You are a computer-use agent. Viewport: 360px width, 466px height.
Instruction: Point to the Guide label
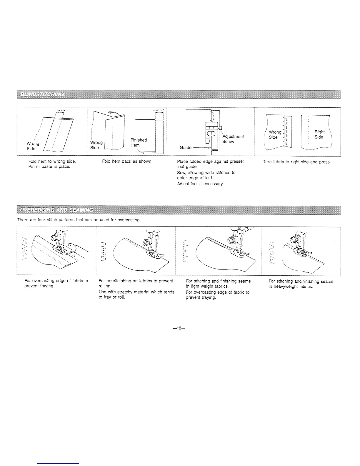[186, 148]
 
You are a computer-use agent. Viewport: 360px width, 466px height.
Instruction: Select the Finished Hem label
[139, 143]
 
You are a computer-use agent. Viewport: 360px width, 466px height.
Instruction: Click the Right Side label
[319, 135]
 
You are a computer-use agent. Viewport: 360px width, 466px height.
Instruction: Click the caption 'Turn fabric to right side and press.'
[297, 162]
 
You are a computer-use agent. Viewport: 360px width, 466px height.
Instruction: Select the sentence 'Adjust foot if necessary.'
[200, 184]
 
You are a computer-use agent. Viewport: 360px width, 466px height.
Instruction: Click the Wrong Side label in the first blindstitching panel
[33, 146]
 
